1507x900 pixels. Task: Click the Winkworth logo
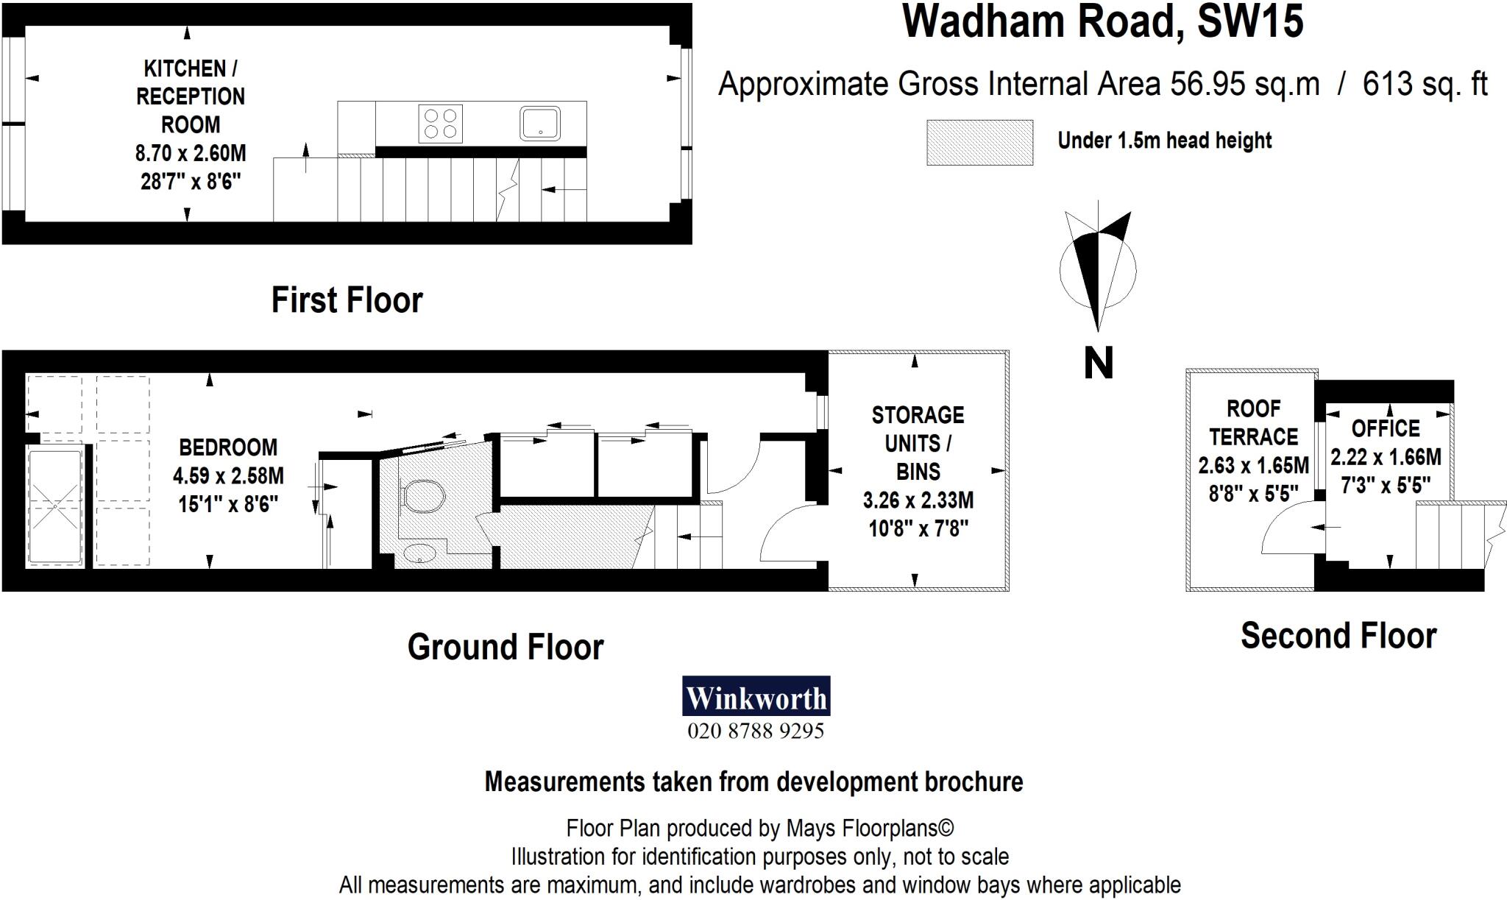[x=756, y=696]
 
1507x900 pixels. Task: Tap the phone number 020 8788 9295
[x=756, y=731]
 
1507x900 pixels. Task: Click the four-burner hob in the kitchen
[x=440, y=122]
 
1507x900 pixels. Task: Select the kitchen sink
[x=540, y=122]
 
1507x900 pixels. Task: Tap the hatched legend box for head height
[x=979, y=142]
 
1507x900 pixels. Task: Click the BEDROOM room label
[x=228, y=447]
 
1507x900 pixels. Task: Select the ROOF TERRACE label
[x=1253, y=422]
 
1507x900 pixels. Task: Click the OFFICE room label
[x=1386, y=428]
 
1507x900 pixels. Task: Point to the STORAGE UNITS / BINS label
[x=918, y=443]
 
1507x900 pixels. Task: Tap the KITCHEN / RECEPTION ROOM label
[x=191, y=96]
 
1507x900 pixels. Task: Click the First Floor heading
[x=347, y=300]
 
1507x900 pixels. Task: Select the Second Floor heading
[x=1338, y=636]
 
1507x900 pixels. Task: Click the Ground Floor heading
[x=506, y=647]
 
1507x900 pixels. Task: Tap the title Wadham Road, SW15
[x=1103, y=22]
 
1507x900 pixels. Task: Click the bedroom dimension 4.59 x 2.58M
[x=228, y=476]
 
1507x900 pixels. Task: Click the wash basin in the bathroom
[x=421, y=553]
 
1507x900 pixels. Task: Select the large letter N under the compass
[x=1098, y=363]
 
